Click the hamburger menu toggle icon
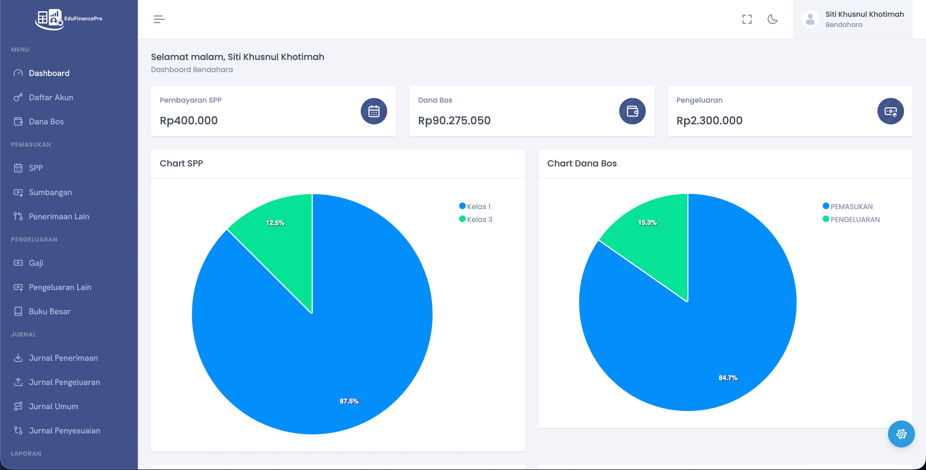coord(159,19)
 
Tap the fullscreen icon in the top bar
coord(747,19)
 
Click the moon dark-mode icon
coord(772,19)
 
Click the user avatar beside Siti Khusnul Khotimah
coord(810,19)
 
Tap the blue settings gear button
coord(901,434)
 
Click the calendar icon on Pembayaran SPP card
coord(374,111)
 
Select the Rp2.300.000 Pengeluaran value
coord(709,121)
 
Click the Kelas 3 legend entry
coord(476,219)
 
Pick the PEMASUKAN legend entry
coord(848,206)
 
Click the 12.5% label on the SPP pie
coord(275,223)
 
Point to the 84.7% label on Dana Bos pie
coord(728,378)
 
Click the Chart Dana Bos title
coord(582,164)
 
